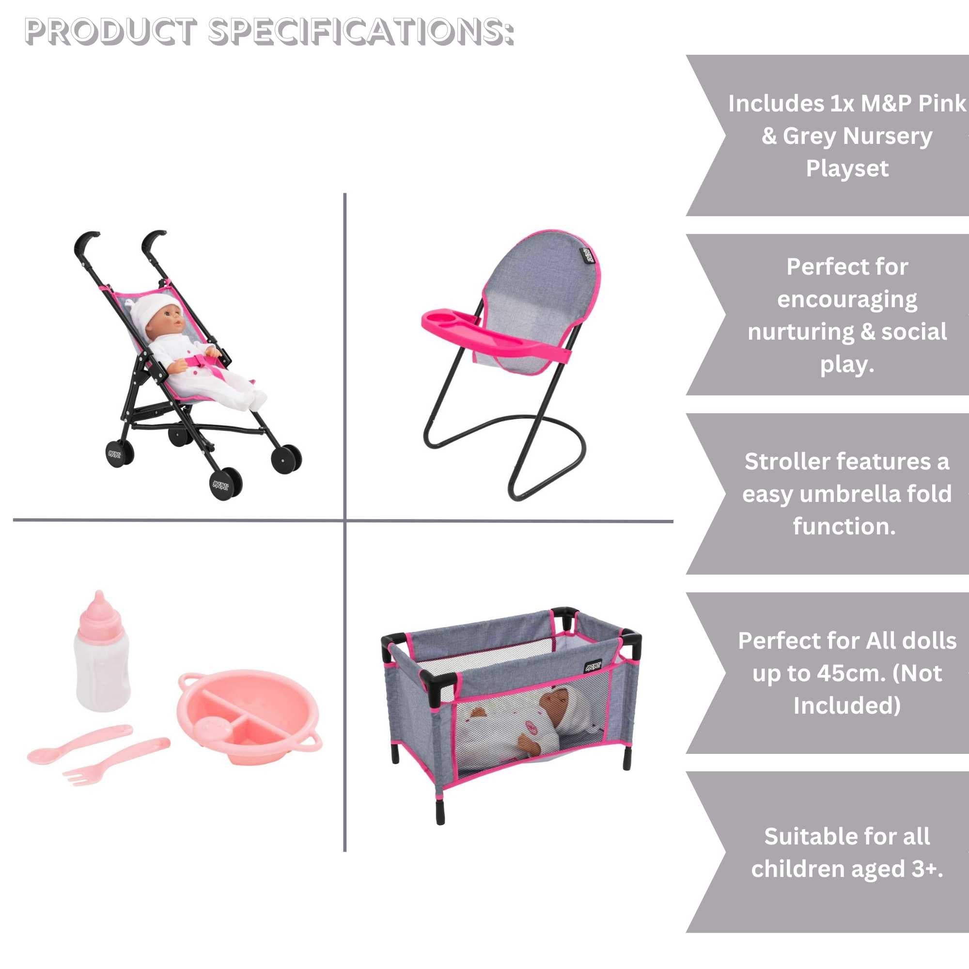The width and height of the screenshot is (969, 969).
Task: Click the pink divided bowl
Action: (x=249, y=718)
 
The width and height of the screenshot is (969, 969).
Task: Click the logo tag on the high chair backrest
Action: (x=587, y=255)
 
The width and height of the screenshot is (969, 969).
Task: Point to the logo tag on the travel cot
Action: (x=593, y=667)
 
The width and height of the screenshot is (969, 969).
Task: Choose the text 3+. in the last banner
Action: (x=927, y=869)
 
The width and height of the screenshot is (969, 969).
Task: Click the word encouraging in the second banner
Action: (x=847, y=300)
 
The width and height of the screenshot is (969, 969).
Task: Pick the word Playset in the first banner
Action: (x=847, y=169)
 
